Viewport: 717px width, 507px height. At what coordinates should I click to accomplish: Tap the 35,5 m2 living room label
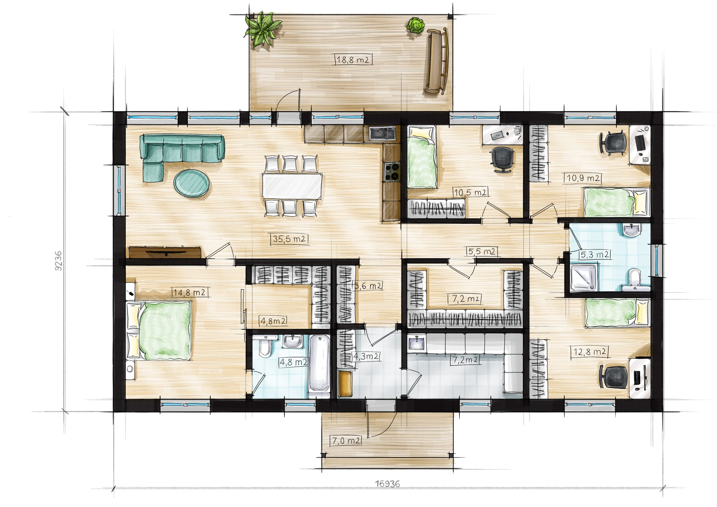(289, 239)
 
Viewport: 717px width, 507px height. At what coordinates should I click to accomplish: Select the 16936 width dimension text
(387, 484)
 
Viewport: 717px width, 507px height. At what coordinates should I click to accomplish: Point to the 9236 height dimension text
(59, 261)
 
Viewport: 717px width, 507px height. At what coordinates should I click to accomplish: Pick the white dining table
(292, 187)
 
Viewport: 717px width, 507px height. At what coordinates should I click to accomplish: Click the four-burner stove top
(392, 172)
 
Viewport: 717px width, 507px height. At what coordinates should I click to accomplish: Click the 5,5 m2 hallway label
(482, 252)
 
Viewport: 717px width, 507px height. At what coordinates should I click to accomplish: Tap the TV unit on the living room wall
(165, 252)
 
